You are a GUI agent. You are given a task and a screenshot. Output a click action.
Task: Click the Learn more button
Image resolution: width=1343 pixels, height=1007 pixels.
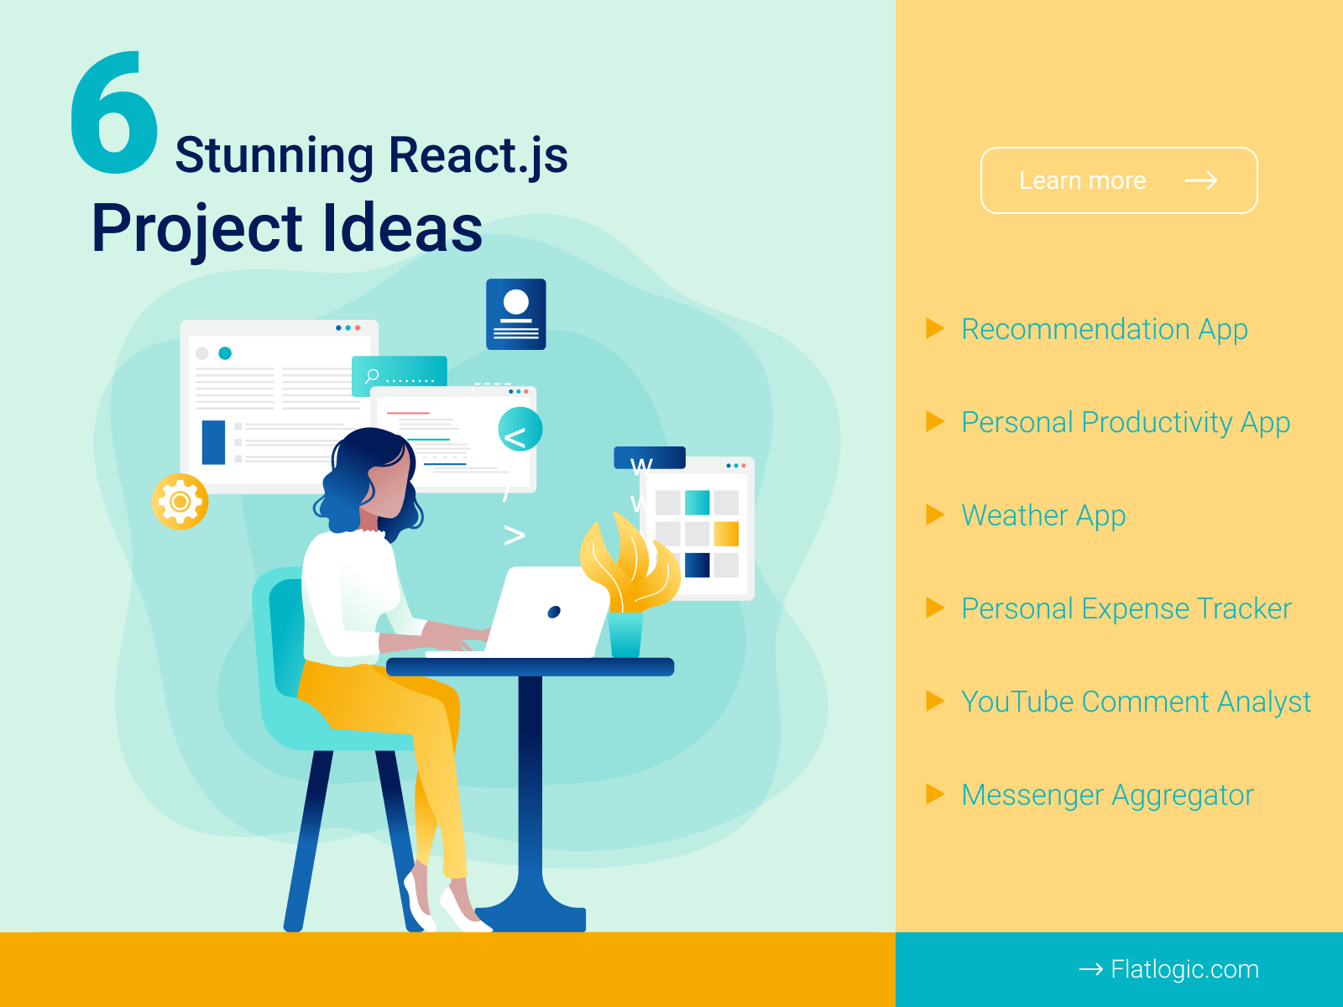pyautogui.click(x=1118, y=180)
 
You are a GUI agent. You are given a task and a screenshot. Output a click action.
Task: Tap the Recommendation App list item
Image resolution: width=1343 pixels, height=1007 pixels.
pyautogui.click(x=1104, y=329)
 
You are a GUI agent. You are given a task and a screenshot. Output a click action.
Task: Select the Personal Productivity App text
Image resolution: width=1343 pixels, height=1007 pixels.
pyautogui.click(x=1125, y=422)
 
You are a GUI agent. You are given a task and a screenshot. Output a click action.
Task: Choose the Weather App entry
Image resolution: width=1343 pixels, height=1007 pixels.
pyautogui.click(x=1043, y=515)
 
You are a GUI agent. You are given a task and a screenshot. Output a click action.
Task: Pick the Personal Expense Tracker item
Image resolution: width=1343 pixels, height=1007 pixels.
pyautogui.click(x=1126, y=608)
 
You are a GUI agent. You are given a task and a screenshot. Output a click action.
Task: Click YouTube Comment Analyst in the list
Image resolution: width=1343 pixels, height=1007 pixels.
pyautogui.click(x=1135, y=702)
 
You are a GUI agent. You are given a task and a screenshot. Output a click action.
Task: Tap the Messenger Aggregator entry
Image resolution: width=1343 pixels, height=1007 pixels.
pyautogui.click(x=1107, y=795)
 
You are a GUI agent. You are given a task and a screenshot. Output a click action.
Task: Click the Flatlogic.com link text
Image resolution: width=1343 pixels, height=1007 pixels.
pyautogui.click(x=1184, y=969)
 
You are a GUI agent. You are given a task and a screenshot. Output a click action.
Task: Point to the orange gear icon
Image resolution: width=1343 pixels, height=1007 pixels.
pyautogui.click(x=180, y=502)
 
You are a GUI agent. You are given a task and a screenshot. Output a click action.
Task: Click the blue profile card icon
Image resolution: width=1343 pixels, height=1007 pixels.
pyautogui.click(x=516, y=314)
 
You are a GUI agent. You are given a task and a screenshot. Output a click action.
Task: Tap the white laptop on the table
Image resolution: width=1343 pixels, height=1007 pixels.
pyautogui.click(x=550, y=613)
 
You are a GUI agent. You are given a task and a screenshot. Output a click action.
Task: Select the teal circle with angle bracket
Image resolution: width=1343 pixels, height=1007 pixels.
pyautogui.click(x=520, y=430)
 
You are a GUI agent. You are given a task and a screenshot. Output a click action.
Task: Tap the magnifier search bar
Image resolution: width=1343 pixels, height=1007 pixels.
pyautogui.click(x=400, y=374)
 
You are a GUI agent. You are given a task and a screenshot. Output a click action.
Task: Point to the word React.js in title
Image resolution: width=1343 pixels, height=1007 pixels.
pyautogui.click(x=478, y=155)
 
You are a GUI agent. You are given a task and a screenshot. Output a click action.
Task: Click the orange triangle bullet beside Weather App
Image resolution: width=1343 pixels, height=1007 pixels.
pyautogui.click(x=934, y=514)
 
